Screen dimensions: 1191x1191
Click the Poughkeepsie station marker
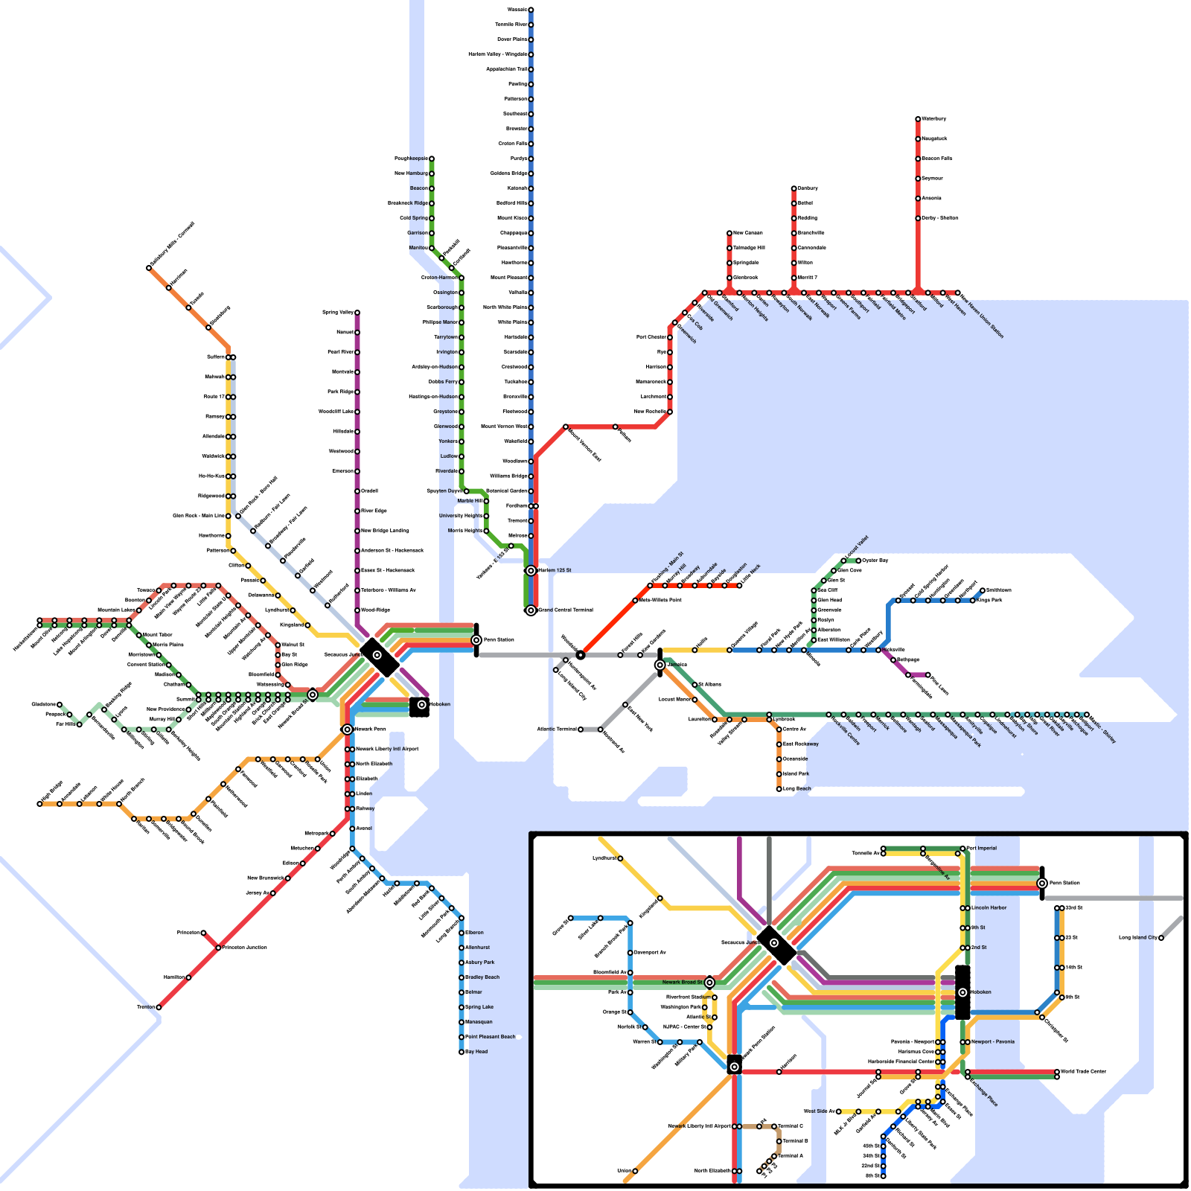431,159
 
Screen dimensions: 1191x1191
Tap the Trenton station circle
159,1007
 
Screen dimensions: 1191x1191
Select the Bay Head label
476,1052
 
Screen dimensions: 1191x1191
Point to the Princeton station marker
203,933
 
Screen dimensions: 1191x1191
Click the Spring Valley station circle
357,313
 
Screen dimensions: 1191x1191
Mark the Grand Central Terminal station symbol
531,610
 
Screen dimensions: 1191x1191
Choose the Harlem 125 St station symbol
531,571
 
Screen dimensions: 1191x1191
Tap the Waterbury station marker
918,119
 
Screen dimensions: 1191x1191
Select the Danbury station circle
794,188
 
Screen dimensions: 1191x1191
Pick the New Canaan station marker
729,233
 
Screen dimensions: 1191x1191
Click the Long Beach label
797,788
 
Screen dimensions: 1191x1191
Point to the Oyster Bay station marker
858,561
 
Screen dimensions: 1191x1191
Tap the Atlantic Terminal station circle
581,729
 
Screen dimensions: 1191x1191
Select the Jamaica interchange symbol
660,665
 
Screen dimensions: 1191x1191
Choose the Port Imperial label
983,848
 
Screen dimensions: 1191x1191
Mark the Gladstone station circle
60,704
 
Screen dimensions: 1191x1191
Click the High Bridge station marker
39,804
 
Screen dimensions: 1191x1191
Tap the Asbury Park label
480,962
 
